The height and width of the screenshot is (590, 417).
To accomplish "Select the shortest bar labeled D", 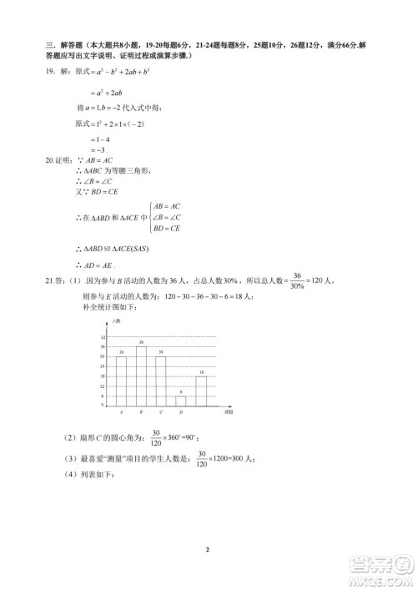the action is pyautogui.click(x=181, y=401).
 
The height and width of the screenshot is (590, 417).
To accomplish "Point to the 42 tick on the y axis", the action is pyautogui.click(x=103, y=337).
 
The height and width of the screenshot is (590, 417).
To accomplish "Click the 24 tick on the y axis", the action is pyautogui.click(x=103, y=366).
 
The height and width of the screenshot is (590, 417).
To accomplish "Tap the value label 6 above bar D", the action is pyautogui.click(x=181, y=391).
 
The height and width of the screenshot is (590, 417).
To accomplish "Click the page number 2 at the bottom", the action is pyautogui.click(x=208, y=549).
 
